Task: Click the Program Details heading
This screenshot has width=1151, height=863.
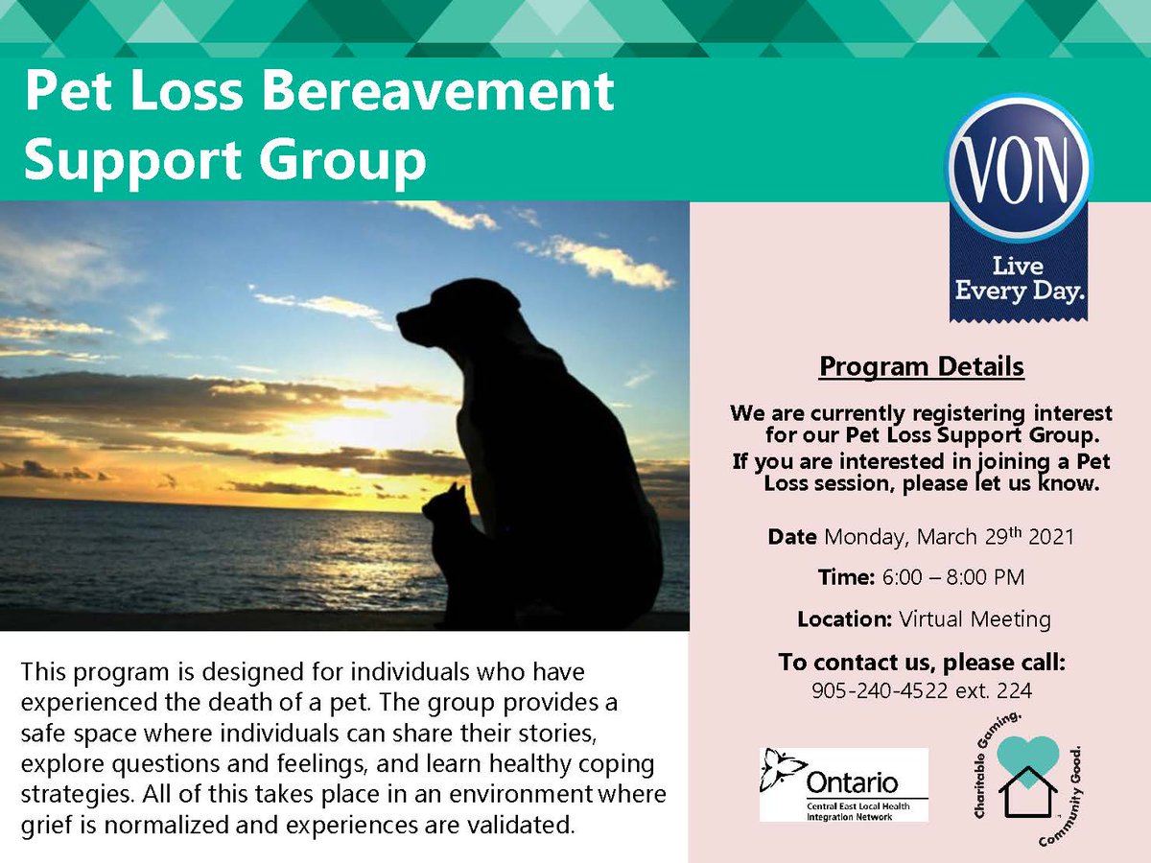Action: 921,366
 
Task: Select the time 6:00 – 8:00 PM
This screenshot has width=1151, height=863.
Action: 963,577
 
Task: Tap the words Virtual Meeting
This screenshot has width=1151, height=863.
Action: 975,618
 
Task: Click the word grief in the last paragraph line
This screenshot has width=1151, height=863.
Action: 44,824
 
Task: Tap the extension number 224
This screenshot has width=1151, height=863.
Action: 1017,688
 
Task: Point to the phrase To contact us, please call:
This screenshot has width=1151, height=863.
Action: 922,663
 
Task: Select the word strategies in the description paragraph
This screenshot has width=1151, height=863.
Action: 63,796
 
